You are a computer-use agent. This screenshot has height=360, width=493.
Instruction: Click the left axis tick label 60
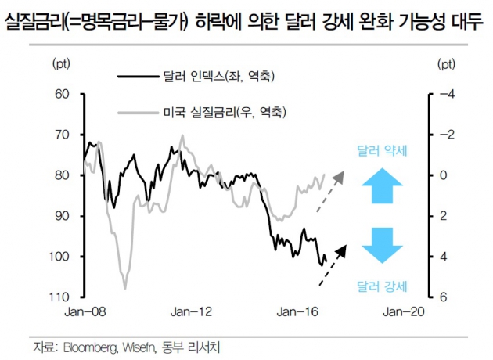[64, 95]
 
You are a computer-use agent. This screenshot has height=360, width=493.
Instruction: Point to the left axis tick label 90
[64, 216]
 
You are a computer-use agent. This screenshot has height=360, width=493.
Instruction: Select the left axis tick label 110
[62, 297]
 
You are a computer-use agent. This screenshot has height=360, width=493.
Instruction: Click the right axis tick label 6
[443, 297]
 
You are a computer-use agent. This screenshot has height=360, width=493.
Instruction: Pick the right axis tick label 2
[443, 216]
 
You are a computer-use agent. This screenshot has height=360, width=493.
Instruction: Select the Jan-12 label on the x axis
[191, 311]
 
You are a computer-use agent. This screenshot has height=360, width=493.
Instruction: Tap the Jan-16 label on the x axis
[298, 311]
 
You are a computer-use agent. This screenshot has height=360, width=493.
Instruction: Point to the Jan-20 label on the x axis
[403, 311]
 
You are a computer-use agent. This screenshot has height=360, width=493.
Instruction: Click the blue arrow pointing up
[382, 187]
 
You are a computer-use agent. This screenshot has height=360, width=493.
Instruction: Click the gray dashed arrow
[329, 190]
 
